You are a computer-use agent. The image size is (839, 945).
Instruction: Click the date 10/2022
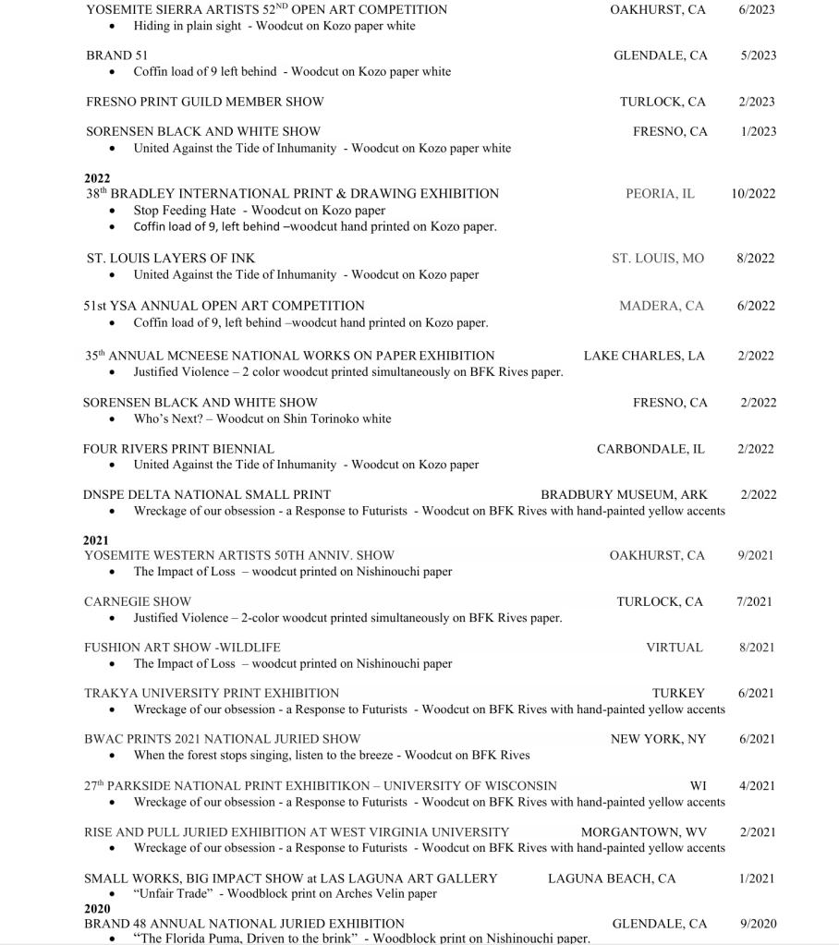point(753,194)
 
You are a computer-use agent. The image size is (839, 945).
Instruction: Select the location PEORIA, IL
point(660,194)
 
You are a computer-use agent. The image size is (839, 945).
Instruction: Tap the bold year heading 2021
point(96,540)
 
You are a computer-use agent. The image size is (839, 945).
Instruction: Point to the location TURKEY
point(678,693)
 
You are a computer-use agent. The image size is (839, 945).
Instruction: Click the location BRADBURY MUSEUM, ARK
point(624,495)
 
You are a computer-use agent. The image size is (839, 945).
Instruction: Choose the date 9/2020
point(758,924)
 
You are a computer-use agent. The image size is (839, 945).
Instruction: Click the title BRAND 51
point(110,55)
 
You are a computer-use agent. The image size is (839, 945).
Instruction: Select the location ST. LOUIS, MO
point(657,259)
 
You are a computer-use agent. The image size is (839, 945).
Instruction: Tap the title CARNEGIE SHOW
point(138,601)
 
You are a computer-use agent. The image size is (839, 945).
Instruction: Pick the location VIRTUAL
point(674,648)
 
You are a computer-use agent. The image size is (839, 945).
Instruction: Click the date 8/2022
point(756,259)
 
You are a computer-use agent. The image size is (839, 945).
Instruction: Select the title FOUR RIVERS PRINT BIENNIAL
point(178,449)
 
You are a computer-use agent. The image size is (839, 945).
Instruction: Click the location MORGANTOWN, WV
point(643,832)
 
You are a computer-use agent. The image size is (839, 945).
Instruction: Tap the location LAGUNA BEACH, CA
point(612,878)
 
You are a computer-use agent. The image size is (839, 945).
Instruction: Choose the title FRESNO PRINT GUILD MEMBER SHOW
point(205,102)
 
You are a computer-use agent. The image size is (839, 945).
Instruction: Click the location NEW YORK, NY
point(658,739)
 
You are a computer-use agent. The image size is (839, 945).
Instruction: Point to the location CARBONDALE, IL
point(651,449)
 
